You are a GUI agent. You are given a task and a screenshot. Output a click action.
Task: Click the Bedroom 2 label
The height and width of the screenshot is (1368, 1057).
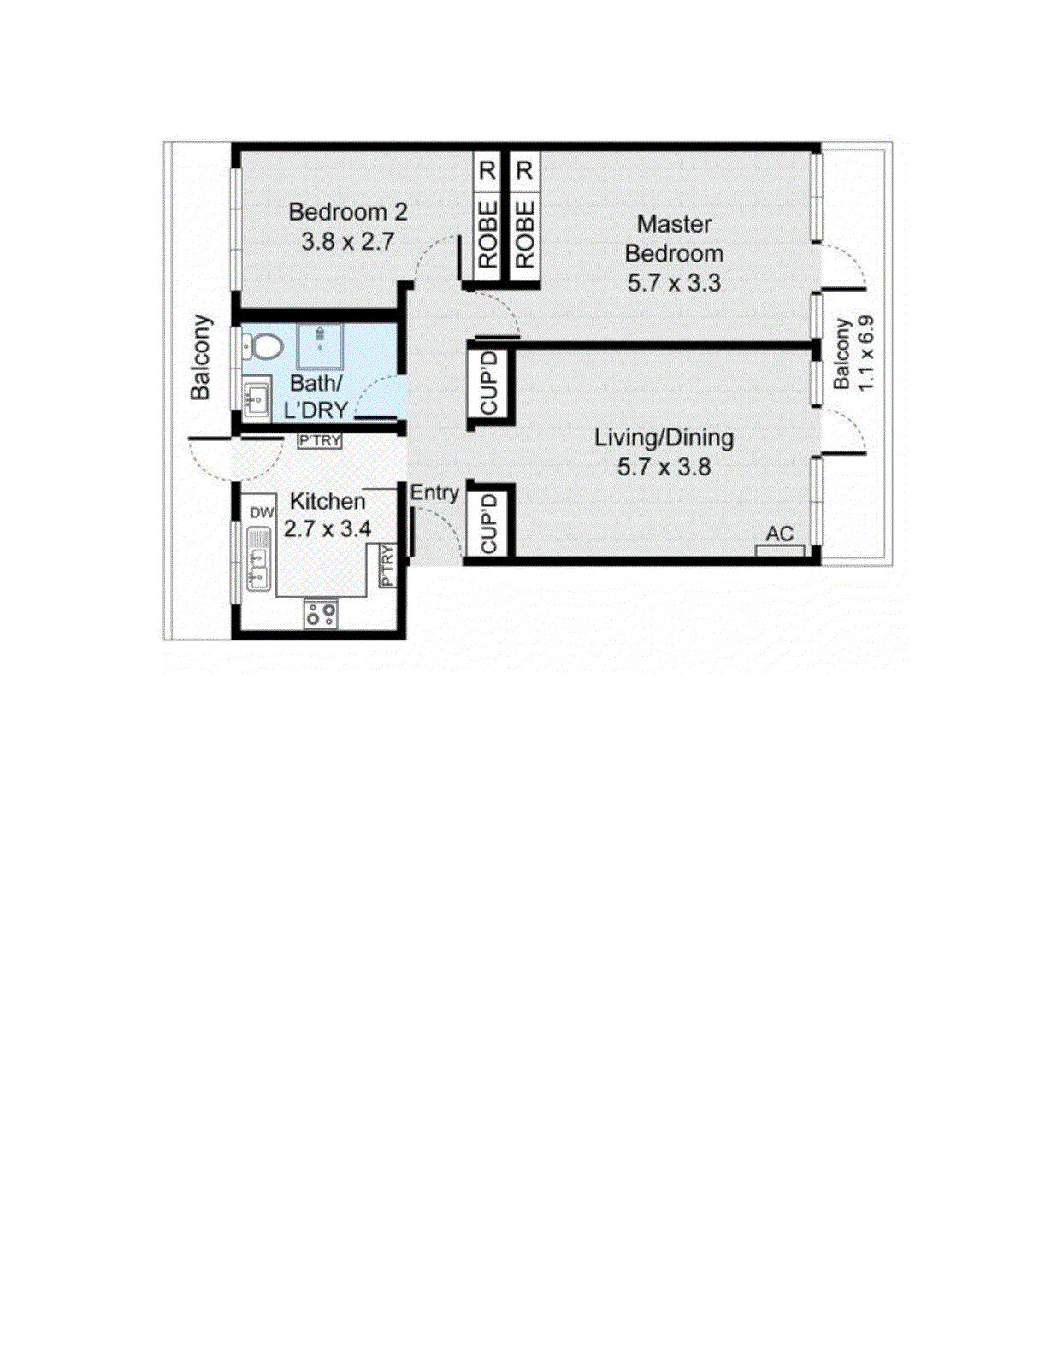point(348,212)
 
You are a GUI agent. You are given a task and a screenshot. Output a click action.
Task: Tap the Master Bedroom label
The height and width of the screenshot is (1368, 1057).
point(674,239)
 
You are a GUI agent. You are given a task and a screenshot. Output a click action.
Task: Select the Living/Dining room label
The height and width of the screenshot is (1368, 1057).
point(664,438)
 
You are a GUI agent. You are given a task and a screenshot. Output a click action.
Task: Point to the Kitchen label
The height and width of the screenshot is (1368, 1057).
point(328,501)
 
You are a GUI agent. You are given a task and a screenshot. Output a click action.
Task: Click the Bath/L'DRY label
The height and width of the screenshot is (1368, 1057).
point(316,397)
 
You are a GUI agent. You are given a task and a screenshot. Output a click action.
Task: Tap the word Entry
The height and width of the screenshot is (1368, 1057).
point(434,492)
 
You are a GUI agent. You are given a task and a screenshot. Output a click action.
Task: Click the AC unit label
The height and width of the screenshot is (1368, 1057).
point(779,534)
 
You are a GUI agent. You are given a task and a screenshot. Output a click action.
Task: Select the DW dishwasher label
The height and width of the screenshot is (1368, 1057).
point(262,512)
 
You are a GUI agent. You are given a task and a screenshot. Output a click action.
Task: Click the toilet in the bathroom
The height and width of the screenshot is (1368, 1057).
point(263,347)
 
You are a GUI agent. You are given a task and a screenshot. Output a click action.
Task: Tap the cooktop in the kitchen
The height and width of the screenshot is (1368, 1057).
point(321,614)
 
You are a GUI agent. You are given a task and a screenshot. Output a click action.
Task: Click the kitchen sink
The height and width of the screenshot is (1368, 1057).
point(258,560)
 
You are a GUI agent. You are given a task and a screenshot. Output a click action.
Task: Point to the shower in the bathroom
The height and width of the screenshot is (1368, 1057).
point(320,345)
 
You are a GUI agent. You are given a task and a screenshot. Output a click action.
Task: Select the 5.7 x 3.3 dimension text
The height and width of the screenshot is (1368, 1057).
point(674,283)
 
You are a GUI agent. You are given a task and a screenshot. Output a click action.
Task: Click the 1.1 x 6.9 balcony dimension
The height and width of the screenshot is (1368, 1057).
point(865,354)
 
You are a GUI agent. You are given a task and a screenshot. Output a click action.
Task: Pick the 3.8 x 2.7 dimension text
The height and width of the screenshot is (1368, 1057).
point(348,241)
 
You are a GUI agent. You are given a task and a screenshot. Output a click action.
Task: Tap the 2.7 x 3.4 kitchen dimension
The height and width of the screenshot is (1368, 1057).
point(328,529)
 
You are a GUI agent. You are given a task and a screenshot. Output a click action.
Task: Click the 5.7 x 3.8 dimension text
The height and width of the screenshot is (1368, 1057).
point(664,467)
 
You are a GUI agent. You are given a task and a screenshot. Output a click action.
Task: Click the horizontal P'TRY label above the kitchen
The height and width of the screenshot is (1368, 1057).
point(320,441)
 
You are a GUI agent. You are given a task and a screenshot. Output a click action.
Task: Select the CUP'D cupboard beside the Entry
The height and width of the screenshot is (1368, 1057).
point(489,522)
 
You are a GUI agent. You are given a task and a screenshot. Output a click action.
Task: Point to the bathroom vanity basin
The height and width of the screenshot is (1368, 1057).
point(256,398)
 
